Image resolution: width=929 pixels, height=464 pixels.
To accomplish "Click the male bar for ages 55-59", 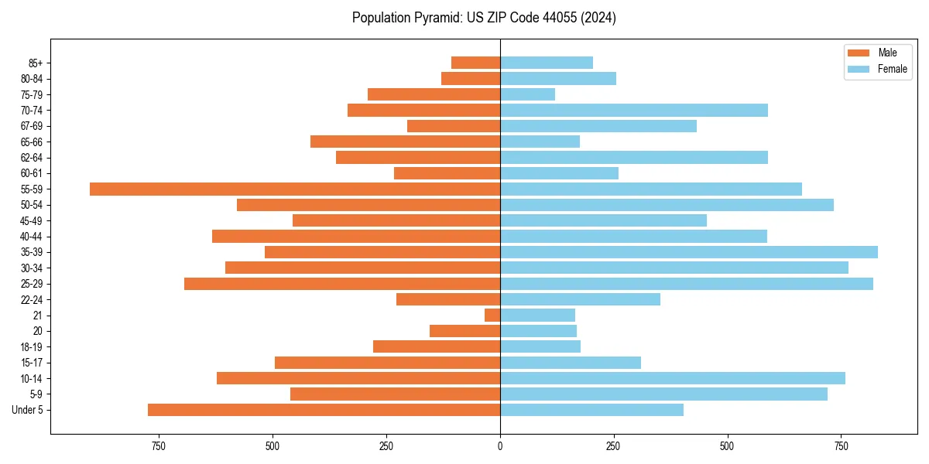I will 295,189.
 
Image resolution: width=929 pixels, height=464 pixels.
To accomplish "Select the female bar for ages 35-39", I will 689,252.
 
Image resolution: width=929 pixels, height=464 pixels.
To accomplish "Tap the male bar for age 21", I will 492,316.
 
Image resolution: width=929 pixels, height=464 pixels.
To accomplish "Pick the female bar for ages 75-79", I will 528,94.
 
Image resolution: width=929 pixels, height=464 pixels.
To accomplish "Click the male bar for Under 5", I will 324,410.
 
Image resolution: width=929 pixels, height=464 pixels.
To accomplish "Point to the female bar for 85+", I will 547,63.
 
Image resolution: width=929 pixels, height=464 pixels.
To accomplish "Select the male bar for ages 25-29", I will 342,284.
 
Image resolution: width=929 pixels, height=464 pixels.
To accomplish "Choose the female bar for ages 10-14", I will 673,378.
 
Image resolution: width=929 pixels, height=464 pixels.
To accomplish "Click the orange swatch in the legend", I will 859,53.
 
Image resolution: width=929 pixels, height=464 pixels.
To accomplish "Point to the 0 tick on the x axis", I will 500,446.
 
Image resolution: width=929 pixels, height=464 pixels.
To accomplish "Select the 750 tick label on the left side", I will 159,446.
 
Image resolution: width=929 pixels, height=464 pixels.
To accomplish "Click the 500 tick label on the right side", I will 727,446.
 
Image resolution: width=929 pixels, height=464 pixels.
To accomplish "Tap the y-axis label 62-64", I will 32,158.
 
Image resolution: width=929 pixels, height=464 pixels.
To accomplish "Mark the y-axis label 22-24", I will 32,300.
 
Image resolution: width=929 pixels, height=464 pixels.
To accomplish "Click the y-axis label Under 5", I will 28,410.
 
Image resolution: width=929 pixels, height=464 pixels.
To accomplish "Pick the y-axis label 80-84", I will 32,79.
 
